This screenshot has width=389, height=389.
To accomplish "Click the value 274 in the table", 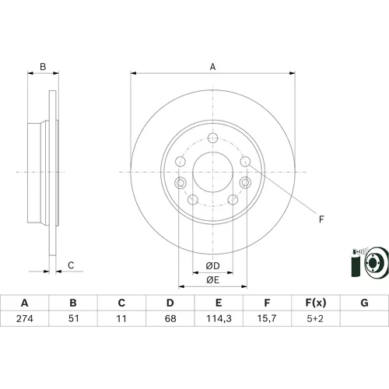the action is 25,318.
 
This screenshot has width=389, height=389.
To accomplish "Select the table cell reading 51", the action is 73,318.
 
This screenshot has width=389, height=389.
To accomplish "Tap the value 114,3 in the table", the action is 219,318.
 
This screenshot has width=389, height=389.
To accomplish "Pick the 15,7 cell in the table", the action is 267,318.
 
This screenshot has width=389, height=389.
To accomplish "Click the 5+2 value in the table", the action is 315,318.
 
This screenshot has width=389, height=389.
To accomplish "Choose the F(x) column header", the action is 316,303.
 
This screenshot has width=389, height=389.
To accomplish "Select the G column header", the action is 364,303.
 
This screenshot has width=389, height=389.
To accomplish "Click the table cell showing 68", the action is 170,318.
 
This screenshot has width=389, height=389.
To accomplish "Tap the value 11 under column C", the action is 121,318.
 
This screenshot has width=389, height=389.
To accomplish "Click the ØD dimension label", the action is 212,266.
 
